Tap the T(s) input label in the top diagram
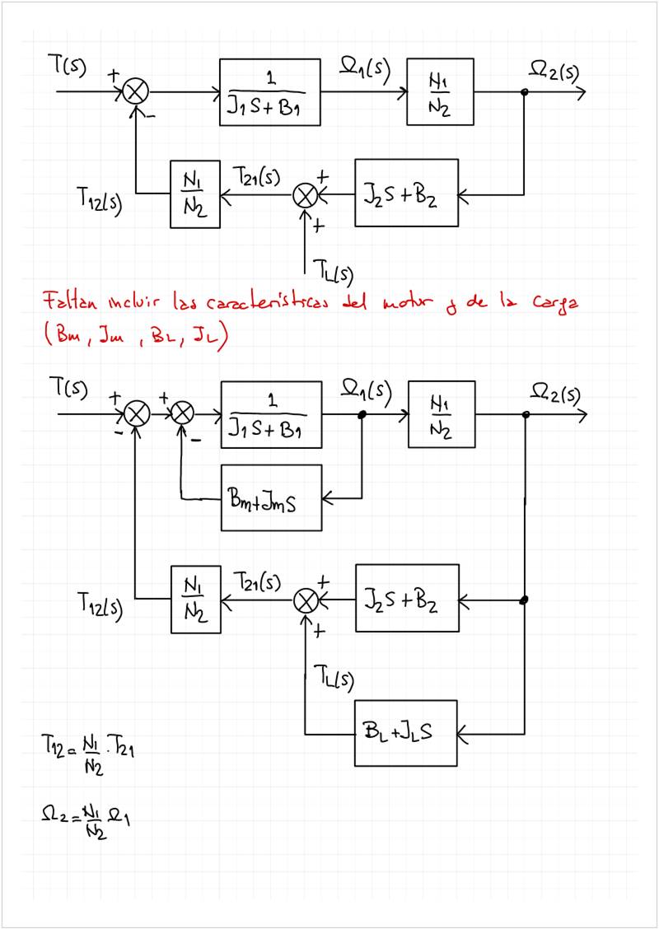tap(72, 67)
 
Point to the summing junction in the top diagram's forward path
tap(133, 91)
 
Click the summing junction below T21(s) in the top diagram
tap(306, 195)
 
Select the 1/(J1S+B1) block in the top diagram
tap(269, 91)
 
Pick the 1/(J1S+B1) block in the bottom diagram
tap(270, 413)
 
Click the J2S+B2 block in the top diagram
tap(406, 194)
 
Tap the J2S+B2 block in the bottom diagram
tap(406, 599)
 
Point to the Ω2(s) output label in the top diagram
tap(554, 72)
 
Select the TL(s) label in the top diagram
tap(333, 267)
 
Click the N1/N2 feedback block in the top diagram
tap(195, 194)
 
